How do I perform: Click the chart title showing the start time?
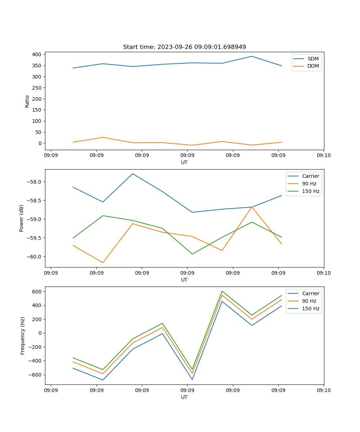click(x=184, y=47)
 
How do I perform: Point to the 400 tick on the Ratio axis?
click(x=37, y=54)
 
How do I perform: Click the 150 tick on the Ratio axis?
click(x=37, y=110)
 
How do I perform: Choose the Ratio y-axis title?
click(x=27, y=101)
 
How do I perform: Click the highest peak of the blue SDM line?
click(x=252, y=56)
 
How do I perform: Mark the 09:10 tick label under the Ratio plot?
click(x=323, y=156)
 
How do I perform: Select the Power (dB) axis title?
click(x=22, y=218)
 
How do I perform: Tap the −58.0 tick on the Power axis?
click(x=35, y=182)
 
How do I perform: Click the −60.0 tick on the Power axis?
click(x=35, y=257)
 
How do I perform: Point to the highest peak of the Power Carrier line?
click(x=132, y=174)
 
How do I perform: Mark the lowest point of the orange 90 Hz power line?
click(x=103, y=262)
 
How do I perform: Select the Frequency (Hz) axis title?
click(x=22, y=336)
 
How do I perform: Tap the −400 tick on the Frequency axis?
click(x=36, y=361)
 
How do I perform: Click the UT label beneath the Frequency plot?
click(x=184, y=397)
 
